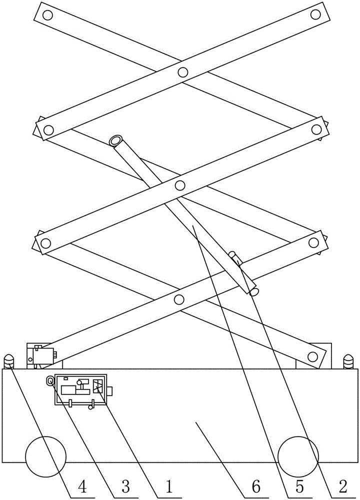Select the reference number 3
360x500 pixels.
coord(125,487)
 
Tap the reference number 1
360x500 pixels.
coord(168,487)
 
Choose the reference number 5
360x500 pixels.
coord(299,487)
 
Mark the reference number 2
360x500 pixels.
coord(343,487)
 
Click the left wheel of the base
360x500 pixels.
coord(45,457)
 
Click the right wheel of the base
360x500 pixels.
coord(298,457)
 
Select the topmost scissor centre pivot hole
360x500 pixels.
coord(182,72)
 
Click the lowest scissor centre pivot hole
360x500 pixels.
coord(179,299)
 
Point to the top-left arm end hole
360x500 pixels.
coord(47,14)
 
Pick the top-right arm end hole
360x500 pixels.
coord(315,14)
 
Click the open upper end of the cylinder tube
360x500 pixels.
coord(115,140)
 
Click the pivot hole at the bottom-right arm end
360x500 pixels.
coord(312,356)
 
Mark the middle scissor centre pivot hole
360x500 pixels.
coord(180,185)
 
